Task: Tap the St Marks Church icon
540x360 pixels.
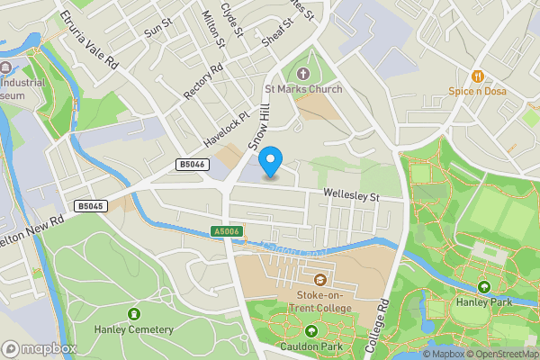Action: pos(301,74)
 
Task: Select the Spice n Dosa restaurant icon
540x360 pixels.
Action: pos(477,76)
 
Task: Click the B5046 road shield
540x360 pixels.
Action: pos(192,165)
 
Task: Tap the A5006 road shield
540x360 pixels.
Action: pos(228,231)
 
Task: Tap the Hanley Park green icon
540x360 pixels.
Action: pos(484,286)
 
